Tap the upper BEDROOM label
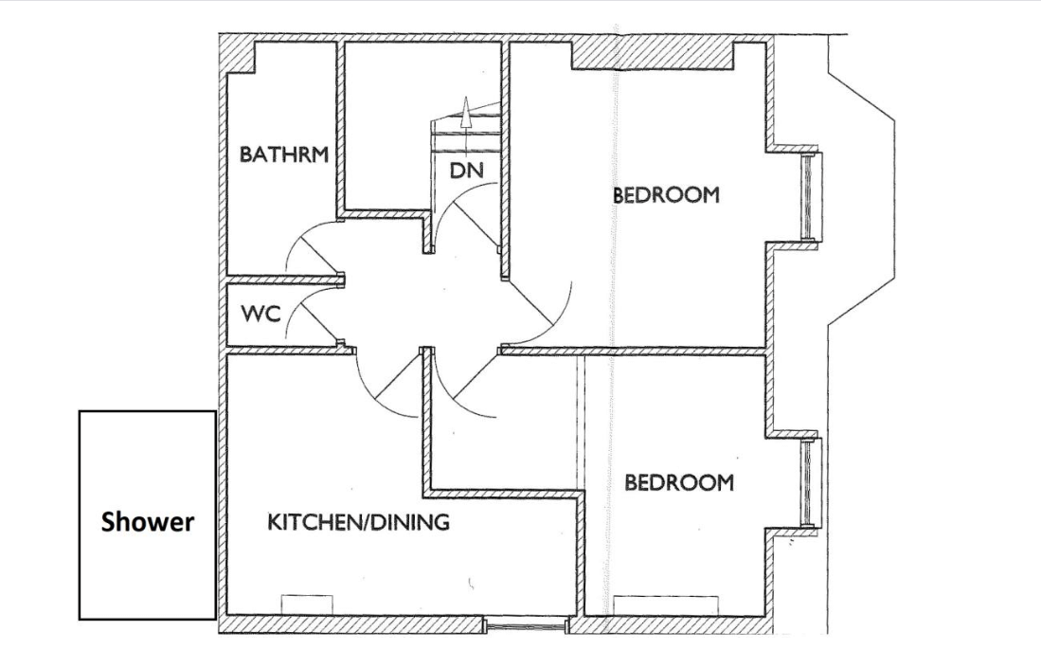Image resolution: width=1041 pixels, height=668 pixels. (x=666, y=196)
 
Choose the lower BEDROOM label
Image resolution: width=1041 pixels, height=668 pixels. (x=679, y=482)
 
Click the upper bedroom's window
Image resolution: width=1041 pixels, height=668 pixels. (x=807, y=196)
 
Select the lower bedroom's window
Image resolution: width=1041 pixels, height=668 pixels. (x=807, y=483)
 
